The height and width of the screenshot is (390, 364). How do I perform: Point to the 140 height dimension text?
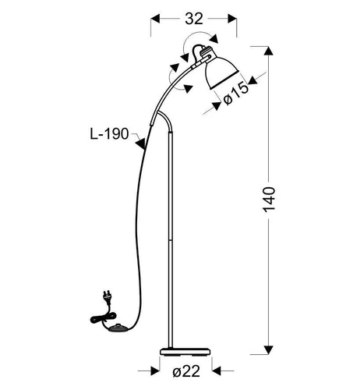coord(269,200)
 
